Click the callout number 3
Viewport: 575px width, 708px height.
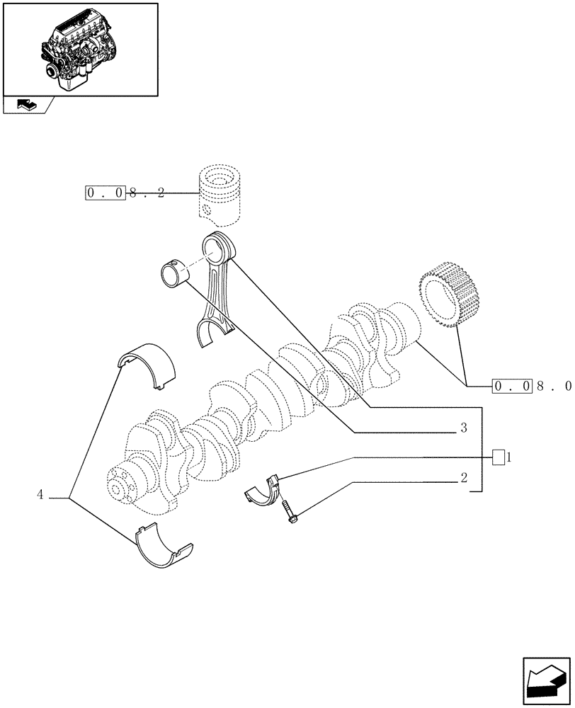463,428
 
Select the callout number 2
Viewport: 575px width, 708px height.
463,478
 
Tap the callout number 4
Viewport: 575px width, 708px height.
40,495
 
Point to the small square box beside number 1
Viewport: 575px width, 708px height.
499,457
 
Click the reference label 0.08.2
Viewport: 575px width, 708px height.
125,193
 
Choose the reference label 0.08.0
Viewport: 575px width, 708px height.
531,386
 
